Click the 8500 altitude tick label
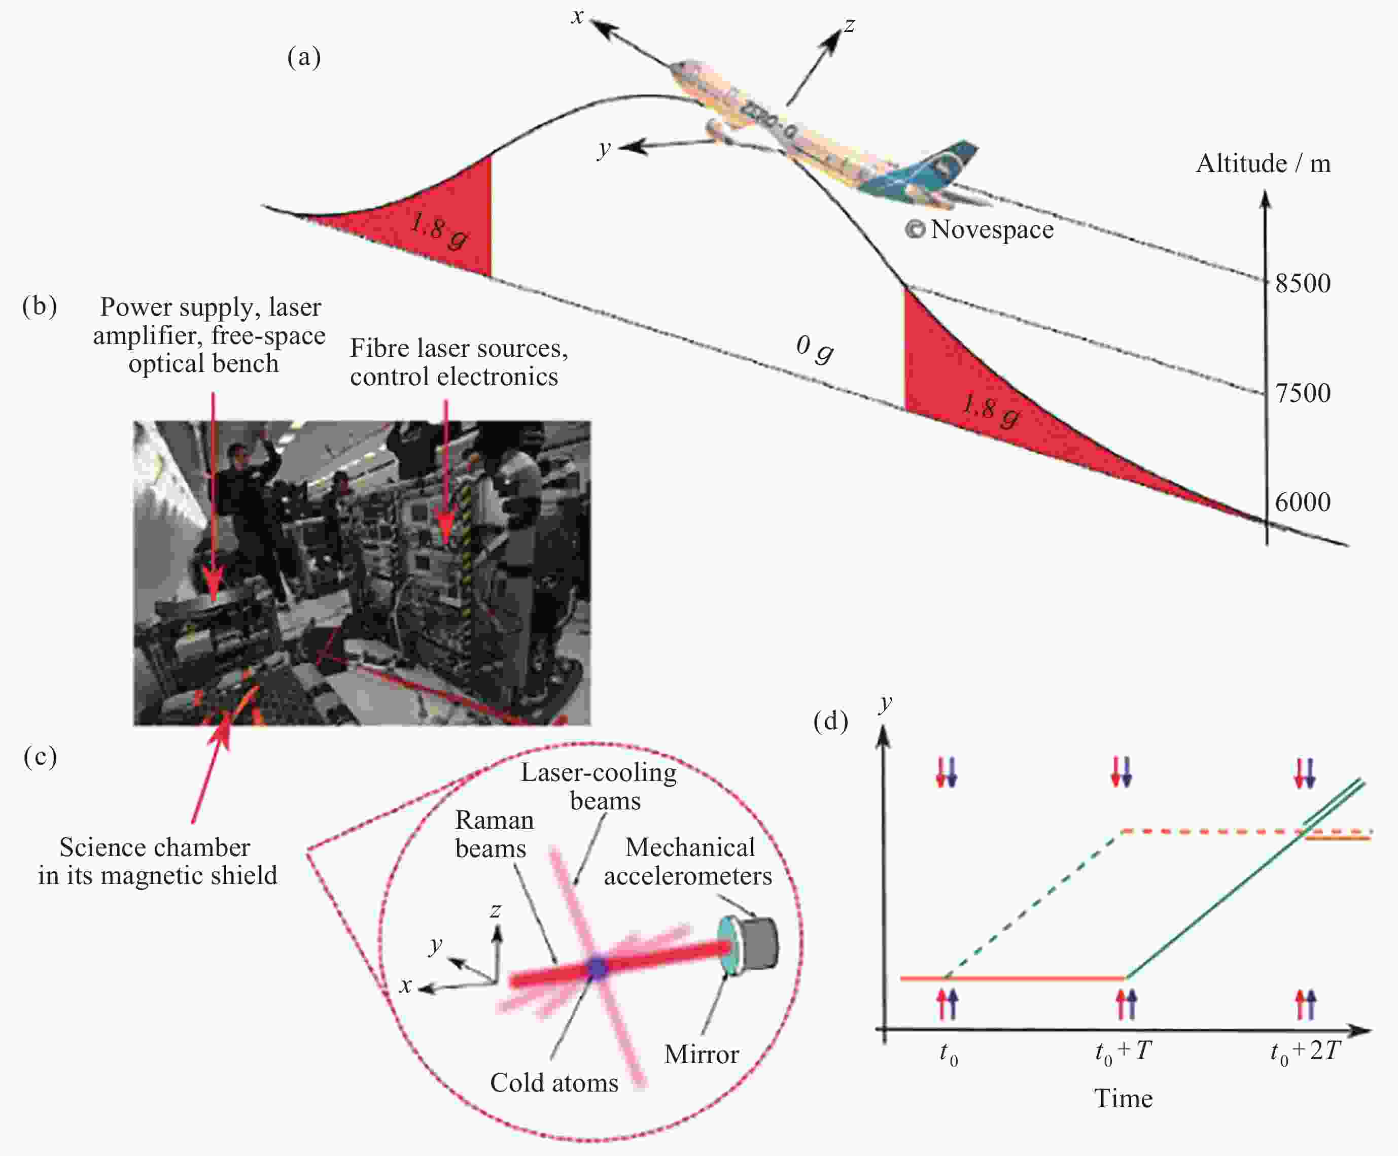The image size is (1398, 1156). (1302, 284)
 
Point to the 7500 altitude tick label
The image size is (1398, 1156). (1302, 393)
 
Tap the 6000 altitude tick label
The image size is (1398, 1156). (1302, 502)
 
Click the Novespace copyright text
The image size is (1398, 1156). (980, 230)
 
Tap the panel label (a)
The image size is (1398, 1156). (303, 57)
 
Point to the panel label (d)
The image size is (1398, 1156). (831, 721)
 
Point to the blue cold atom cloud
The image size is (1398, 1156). (597, 969)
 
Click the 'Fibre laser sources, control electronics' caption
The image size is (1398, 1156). (458, 362)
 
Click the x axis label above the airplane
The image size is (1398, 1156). (577, 16)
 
